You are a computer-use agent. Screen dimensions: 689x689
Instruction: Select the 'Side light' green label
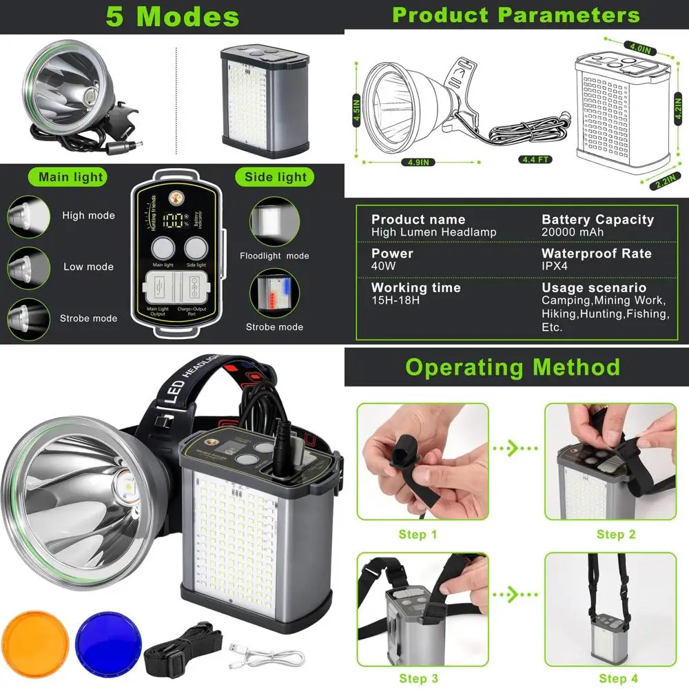276,177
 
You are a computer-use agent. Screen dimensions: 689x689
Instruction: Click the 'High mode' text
88,216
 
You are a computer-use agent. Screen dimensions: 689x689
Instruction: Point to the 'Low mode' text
88,267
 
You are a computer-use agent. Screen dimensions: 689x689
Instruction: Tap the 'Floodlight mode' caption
274,256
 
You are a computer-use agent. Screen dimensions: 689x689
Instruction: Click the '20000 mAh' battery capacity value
573,232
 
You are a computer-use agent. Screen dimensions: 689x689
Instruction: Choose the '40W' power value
383,266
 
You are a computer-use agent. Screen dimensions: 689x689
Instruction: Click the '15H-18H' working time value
395,300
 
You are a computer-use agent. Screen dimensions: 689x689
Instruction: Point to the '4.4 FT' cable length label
535,159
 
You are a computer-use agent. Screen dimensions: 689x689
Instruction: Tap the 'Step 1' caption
418,535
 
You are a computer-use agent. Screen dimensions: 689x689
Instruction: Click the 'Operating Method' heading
513,367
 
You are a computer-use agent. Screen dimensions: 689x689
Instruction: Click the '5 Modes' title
172,17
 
